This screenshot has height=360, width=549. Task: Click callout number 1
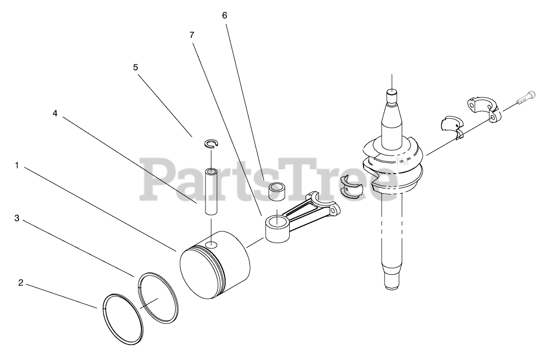[17, 165]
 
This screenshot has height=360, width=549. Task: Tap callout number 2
[21, 283]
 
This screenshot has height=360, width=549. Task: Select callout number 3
[17, 218]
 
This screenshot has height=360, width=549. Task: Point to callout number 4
[55, 113]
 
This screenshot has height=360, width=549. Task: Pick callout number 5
[136, 67]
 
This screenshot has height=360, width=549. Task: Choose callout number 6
[225, 15]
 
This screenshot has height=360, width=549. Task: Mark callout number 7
[191, 35]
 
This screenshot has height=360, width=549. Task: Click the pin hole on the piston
[211, 245]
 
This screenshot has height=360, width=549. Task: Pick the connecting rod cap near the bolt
[483, 110]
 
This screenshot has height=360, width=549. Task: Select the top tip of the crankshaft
[392, 91]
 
